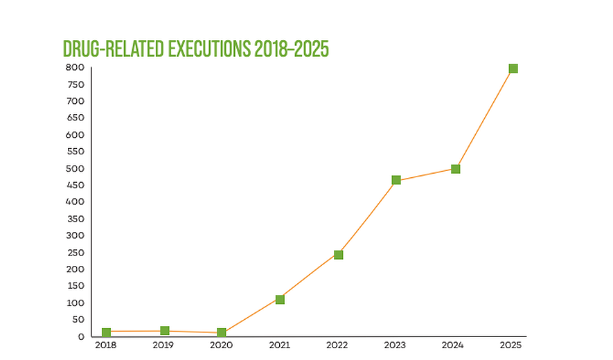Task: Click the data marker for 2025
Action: (513, 69)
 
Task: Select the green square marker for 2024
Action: (455, 169)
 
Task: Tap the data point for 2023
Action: (396, 180)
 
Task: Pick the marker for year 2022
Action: (338, 255)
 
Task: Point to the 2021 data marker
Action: (280, 299)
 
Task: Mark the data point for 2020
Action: (222, 333)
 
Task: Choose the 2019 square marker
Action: (164, 331)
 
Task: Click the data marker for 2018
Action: (106, 332)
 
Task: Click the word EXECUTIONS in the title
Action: (205, 49)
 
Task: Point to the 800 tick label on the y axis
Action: (75, 68)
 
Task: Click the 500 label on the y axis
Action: (75, 168)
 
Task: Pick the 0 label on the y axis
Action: (81, 336)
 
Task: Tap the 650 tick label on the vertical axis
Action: (75, 118)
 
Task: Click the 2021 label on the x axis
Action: (280, 345)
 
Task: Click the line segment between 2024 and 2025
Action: (484, 119)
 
